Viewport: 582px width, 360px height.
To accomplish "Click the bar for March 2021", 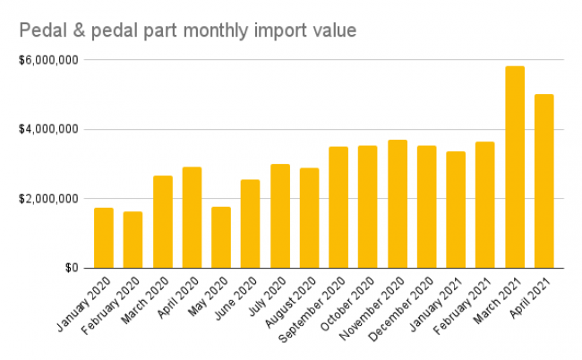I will (515, 167).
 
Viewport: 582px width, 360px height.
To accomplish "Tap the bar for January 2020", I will (104, 237).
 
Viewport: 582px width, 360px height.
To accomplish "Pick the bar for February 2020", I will (133, 239).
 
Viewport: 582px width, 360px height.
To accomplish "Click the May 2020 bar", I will (221, 237).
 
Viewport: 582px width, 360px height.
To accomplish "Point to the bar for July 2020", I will (280, 216).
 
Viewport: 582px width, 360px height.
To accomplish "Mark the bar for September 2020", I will (338, 207).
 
